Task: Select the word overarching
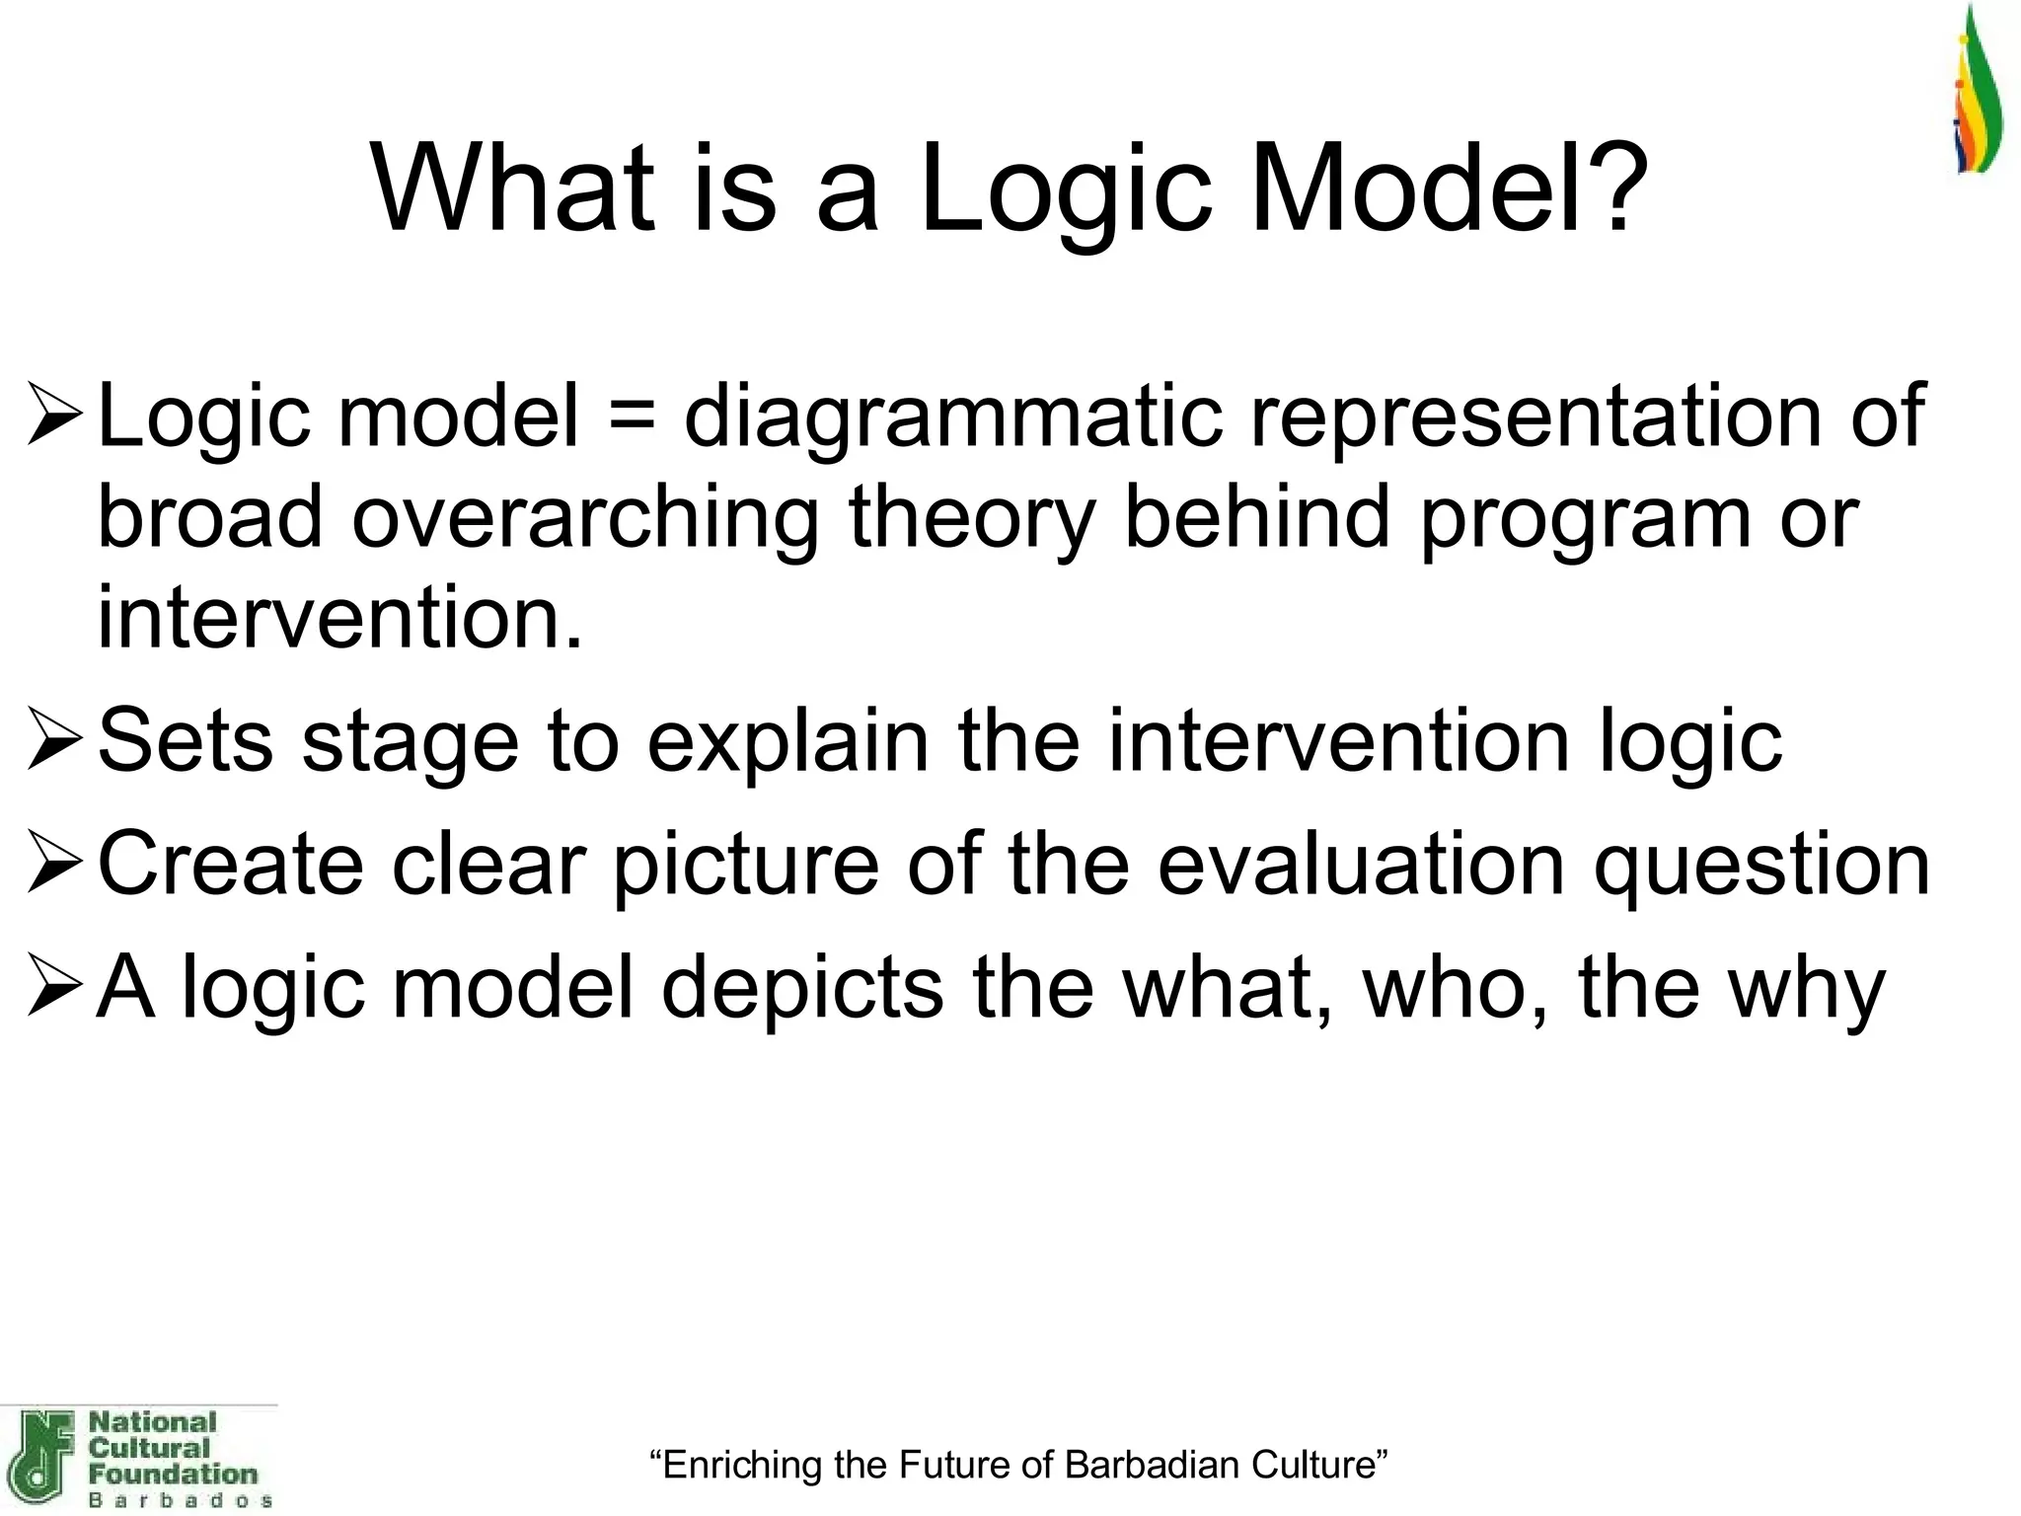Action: (584, 518)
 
